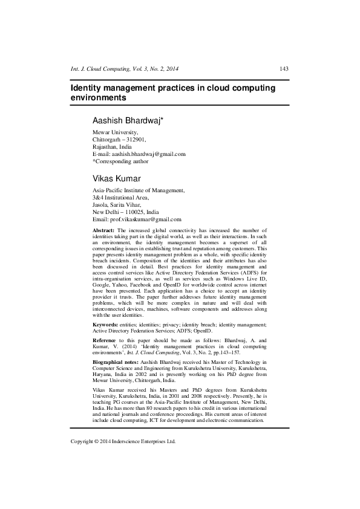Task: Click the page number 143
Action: point(283,68)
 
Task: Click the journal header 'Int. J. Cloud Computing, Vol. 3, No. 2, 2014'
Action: point(125,68)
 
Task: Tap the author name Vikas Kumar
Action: point(116,178)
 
